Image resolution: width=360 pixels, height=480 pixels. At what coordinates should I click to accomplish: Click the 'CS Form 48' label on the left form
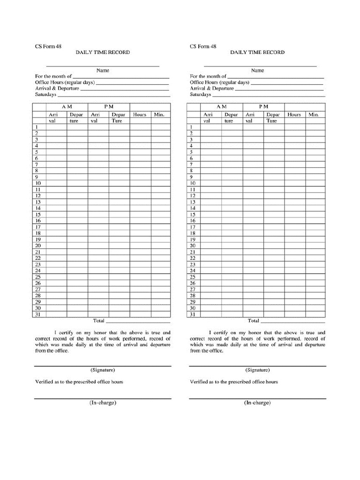tap(48, 46)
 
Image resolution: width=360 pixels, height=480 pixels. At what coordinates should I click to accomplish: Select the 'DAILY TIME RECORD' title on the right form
tap(257, 52)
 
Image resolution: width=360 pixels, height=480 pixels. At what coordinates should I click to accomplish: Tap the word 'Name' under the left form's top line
tap(103, 70)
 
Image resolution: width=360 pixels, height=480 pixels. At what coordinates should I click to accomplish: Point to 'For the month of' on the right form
tap(208, 76)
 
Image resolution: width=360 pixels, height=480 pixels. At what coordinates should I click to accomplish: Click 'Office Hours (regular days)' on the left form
tap(65, 82)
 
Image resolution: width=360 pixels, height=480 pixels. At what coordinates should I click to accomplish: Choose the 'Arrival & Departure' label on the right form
tap(211, 88)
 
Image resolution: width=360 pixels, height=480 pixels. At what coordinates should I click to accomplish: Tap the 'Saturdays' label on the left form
tap(46, 94)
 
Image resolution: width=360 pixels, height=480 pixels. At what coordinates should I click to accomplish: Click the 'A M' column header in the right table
tap(221, 107)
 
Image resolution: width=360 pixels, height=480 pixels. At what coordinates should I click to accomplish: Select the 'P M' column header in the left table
tap(109, 107)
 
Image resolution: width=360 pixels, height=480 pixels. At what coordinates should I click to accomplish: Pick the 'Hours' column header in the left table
tap(140, 114)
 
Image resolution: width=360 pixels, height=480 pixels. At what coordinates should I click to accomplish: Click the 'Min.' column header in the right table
tap(314, 114)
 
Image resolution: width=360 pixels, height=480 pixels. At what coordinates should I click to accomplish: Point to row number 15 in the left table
tap(38, 214)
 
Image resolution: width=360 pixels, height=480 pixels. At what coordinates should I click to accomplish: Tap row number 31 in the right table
tap(192, 315)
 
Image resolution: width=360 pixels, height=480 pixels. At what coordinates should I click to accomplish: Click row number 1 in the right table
tap(191, 127)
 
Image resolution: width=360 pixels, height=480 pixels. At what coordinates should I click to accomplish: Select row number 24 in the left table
tap(38, 270)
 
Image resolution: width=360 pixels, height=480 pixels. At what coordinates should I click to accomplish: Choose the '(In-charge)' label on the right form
tap(257, 403)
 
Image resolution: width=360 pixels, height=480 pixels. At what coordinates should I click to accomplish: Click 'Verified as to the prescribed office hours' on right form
tap(233, 382)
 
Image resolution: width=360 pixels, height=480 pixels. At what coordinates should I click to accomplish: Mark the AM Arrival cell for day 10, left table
tap(56, 183)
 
